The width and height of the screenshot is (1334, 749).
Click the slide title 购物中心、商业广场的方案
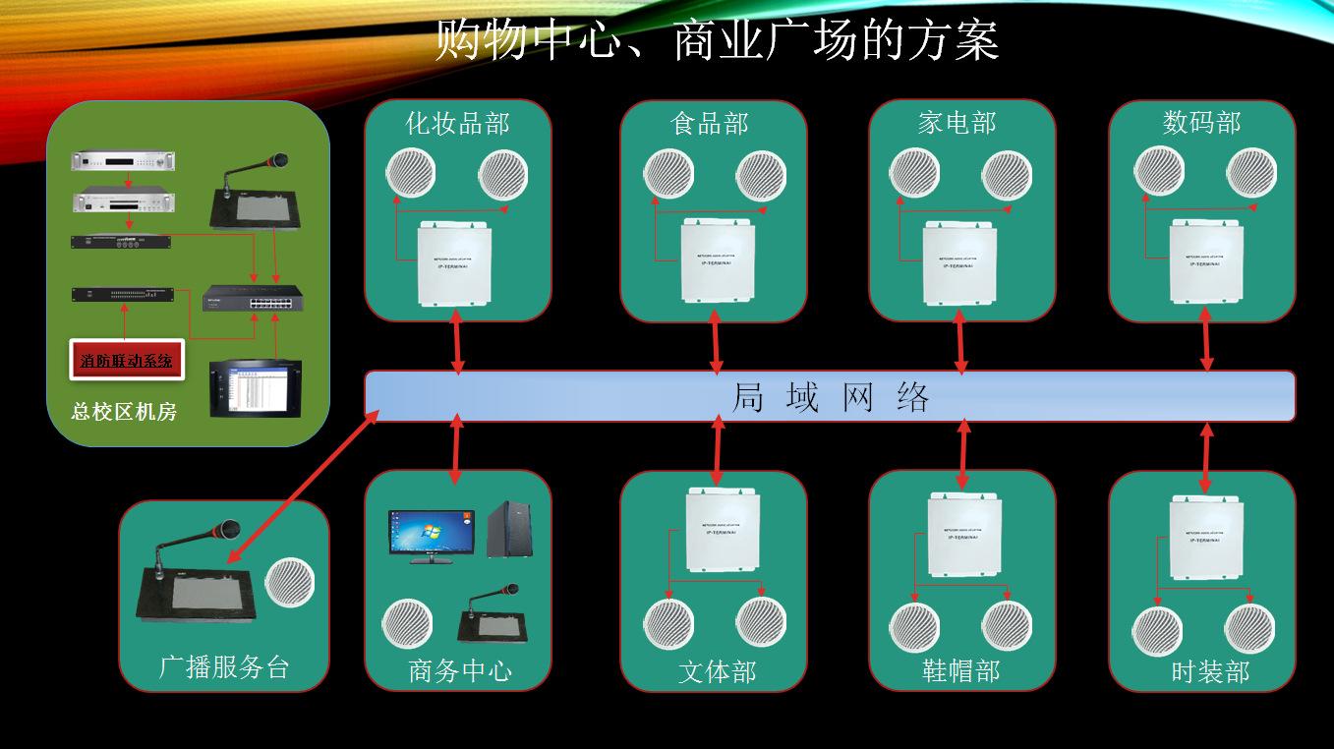pos(717,41)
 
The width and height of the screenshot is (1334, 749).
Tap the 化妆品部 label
pos(457,124)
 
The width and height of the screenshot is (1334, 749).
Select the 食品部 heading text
pos(710,124)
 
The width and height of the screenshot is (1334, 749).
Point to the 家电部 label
pos(957,124)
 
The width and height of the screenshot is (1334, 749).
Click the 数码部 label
pos(1201,124)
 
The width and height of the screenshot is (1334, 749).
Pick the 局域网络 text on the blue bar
pos(831,397)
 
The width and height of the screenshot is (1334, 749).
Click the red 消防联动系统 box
pos(126,361)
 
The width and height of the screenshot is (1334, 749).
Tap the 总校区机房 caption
pos(124,412)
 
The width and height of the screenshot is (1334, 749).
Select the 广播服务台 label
pos(224,667)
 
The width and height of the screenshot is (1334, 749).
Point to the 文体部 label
pos(718,672)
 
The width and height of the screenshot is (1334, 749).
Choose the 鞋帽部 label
pos(960,671)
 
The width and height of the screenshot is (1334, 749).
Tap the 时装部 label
pos(1210,672)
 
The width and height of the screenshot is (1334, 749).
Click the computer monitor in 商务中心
pos(431,537)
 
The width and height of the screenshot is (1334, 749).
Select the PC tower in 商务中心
pos(509,530)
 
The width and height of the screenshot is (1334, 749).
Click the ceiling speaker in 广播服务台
pos(288,582)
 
